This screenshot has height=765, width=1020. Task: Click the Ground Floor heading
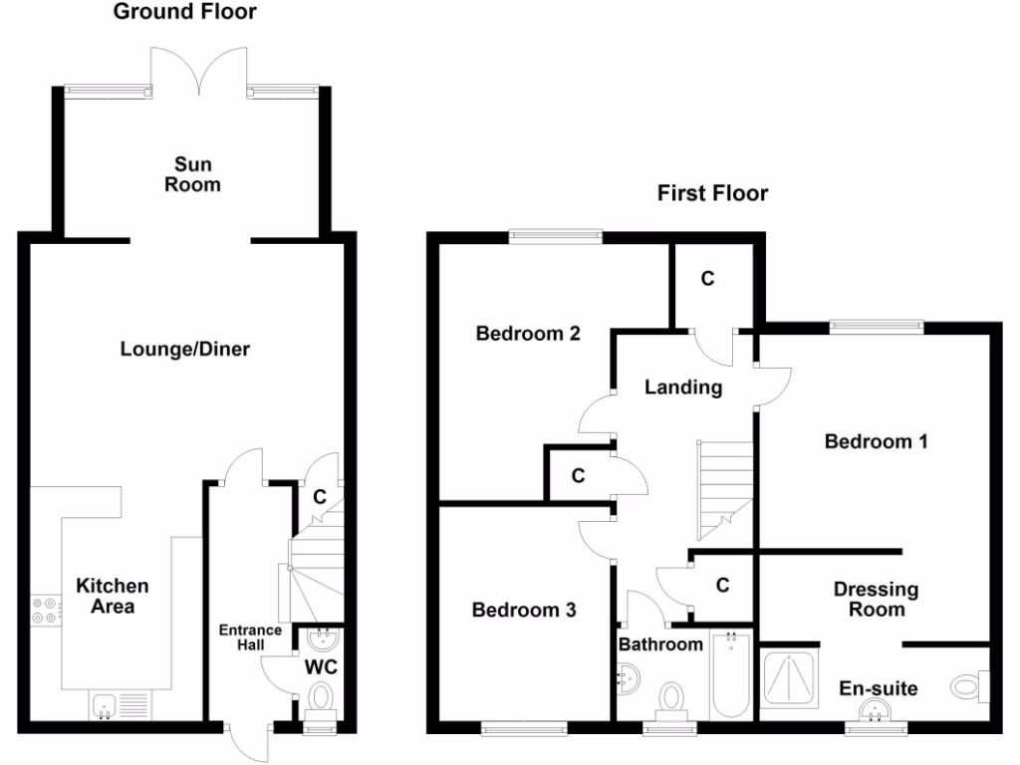pyautogui.click(x=184, y=13)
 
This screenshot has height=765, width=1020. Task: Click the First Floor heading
pyautogui.click(x=712, y=193)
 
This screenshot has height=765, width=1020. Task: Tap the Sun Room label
pyautogui.click(x=192, y=174)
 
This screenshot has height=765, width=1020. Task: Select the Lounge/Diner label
pyautogui.click(x=185, y=350)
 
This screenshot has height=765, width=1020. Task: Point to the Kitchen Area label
pyautogui.click(x=113, y=596)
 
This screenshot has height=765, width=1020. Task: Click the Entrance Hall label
pyautogui.click(x=250, y=637)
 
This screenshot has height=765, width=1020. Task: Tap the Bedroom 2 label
pyautogui.click(x=528, y=334)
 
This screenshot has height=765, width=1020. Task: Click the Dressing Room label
pyautogui.click(x=876, y=599)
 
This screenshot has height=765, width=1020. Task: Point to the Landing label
pyautogui.click(x=682, y=387)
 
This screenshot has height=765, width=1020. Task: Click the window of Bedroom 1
pyautogui.click(x=877, y=324)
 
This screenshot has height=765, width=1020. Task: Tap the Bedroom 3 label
pyautogui.click(x=524, y=610)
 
